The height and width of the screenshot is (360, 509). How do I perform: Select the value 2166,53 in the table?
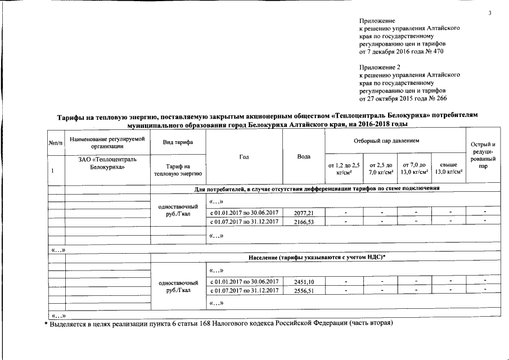pyautogui.click(x=303, y=222)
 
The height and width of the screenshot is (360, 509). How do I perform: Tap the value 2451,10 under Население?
pyautogui.click(x=303, y=281)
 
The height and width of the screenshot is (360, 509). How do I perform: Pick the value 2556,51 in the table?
pyautogui.click(x=303, y=290)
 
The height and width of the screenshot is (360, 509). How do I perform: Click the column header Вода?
pyautogui.click(x=304, y=156)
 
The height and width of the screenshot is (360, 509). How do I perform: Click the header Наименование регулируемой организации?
pyautogui.click(x=106, y=142)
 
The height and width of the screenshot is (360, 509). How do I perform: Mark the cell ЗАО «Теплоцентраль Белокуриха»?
pyautogui.click(x=107, y=164)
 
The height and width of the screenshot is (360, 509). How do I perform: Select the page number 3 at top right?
pyautogui.click(x=490, y=13)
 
